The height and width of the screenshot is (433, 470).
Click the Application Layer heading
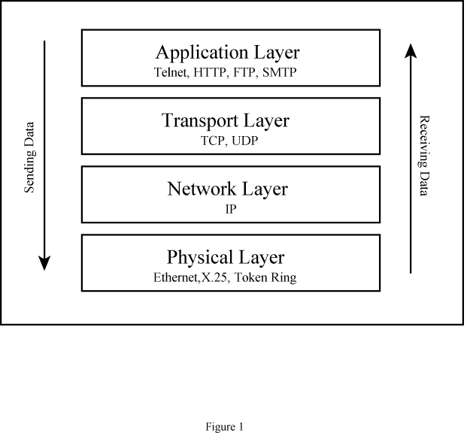(x=228, y=53)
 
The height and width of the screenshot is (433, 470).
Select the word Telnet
(x=171, y=72)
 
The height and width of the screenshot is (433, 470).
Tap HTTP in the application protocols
(x=210, y=72)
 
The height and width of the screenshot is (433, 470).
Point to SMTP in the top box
(x=279, y=72)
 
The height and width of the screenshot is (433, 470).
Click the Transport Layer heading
(x=226, y=121)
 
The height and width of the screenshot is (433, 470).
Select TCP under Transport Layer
(x=213, y=141)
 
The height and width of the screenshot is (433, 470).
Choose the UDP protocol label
(x=245, y=141)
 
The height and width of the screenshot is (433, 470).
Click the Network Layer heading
(x=228, y=189)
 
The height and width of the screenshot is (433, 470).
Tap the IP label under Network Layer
(x=231, y=209)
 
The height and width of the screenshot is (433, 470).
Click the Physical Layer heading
(x=226, y=257)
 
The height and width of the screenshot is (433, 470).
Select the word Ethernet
(x=176, y=277)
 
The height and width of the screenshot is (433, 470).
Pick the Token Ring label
(x=265, y=277)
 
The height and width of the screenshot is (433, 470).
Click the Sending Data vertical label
(x=29, y=157)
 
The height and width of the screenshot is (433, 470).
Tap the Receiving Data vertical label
(x=424, y=156)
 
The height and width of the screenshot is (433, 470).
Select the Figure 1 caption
(x=225, y=426)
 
